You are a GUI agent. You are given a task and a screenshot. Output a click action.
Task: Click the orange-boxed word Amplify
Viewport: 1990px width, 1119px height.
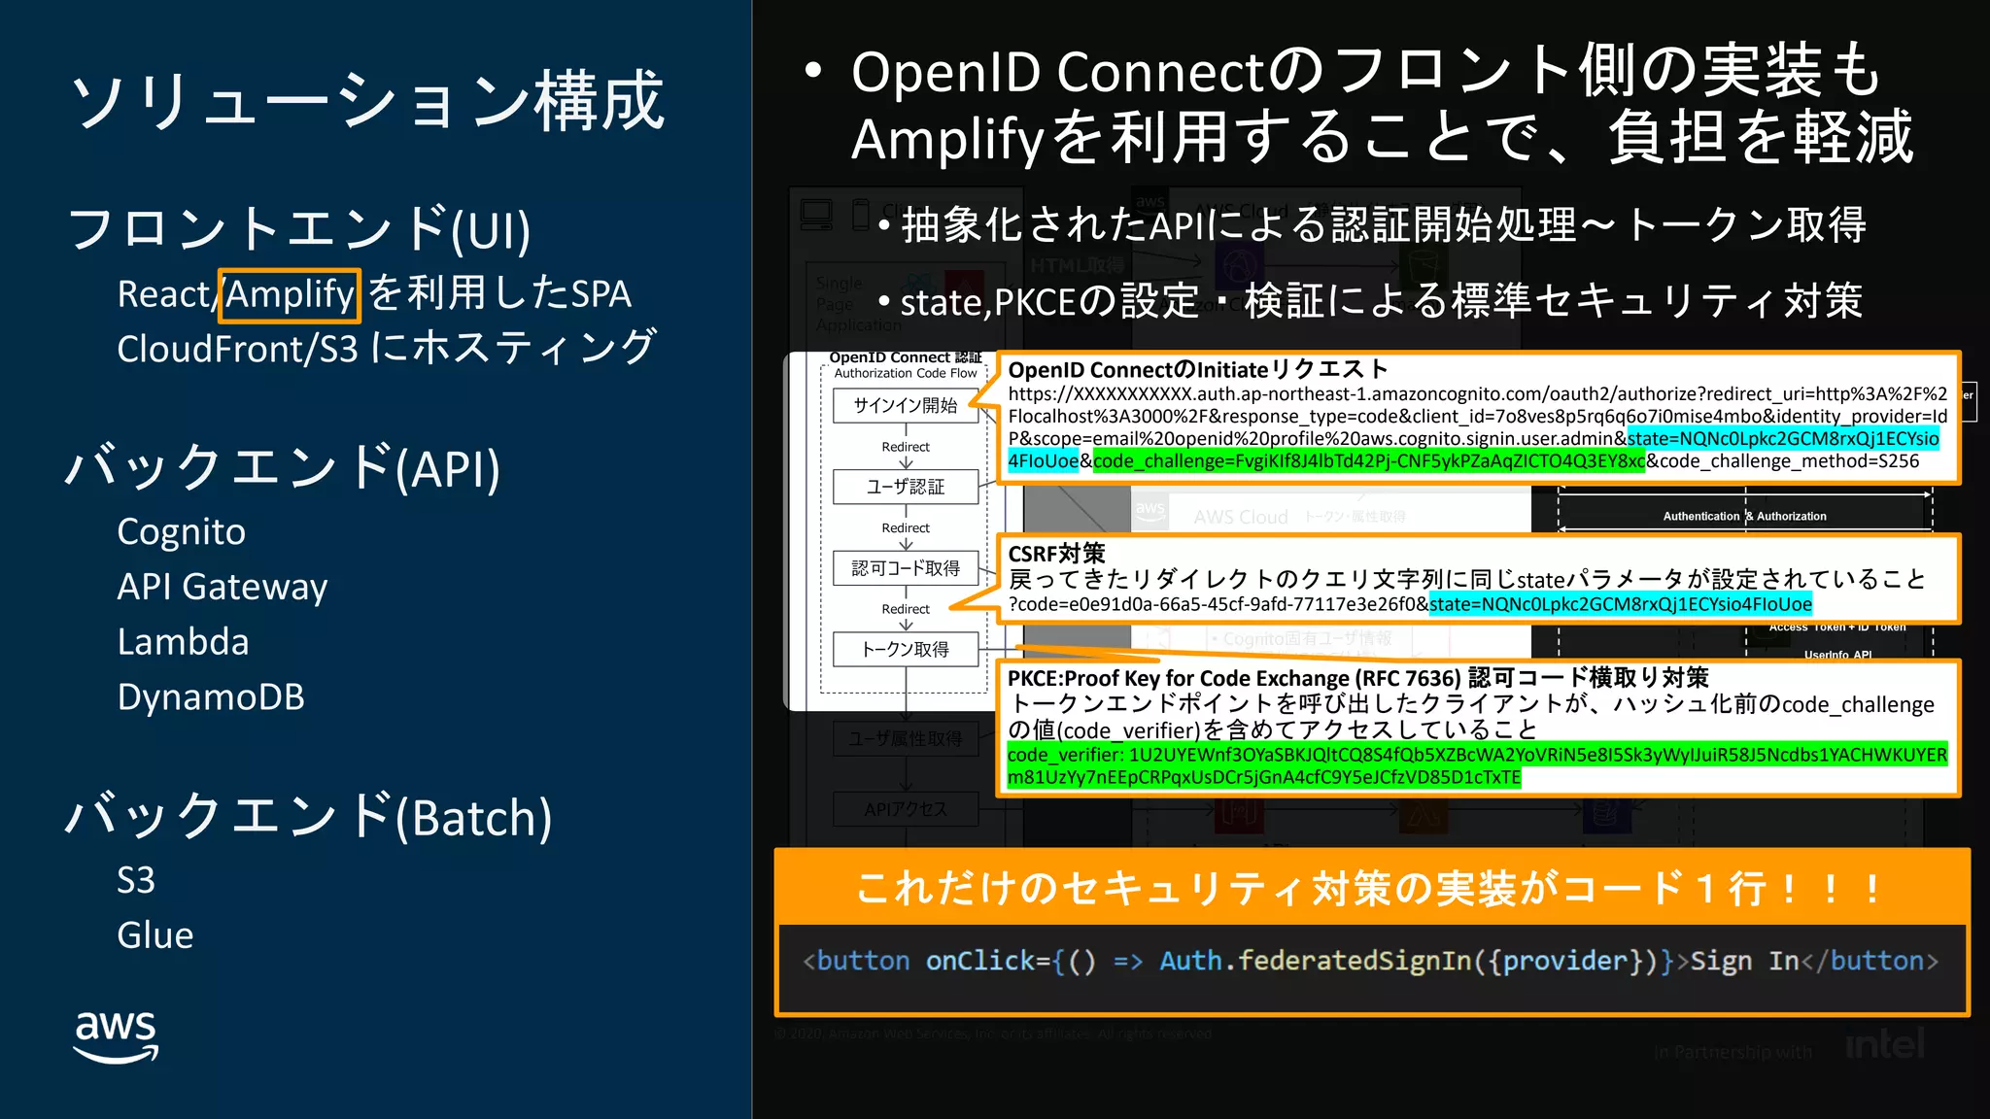tap(290, 294)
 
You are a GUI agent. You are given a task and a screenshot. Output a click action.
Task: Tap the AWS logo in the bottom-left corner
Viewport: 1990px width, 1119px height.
tap(116, 1035)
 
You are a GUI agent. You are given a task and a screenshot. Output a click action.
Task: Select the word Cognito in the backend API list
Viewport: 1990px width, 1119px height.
tap(182, 532)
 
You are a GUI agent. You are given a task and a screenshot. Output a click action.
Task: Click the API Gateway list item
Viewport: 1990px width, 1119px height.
tap(223, 588)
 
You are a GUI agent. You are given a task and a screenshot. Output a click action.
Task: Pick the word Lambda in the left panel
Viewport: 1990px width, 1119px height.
tap(183, 642)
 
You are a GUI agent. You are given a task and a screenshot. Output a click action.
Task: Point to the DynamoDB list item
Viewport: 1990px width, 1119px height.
tap(211, 697)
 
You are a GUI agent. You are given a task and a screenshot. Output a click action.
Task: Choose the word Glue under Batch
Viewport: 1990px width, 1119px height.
tap(155, 935)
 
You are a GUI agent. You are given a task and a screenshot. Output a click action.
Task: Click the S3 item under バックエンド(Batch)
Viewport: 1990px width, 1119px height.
tap(136, 880)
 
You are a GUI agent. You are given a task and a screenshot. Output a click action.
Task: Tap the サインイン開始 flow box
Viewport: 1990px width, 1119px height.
tap(906, 405)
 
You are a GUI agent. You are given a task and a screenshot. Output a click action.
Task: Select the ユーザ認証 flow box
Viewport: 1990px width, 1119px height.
tap(906, 487)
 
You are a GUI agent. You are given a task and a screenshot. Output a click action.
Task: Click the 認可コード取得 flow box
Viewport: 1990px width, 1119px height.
tap(906, 568)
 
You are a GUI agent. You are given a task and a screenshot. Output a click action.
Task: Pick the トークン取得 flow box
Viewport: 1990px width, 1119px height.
tap(906, 649)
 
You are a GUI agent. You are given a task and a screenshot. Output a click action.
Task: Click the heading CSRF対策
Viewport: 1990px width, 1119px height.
tap(1056, 554)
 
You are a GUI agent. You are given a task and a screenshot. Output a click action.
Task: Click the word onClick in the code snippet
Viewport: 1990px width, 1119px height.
tap(980, 961)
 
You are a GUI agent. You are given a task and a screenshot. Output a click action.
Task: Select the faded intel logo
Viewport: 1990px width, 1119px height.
tap(1884, 1045)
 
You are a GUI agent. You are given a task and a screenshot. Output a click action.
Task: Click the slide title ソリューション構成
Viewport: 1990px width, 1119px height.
tap(368, 100)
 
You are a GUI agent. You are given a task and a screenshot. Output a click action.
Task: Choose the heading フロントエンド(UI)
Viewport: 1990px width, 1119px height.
tap(299, 229)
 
